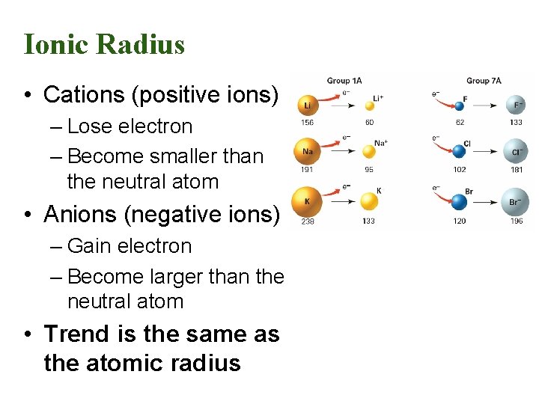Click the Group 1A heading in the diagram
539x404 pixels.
(x=344, y=81)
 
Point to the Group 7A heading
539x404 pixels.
(x=484, y=81)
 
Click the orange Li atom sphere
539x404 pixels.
(x=307, y=105)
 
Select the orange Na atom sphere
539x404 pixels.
(x=307, y=150)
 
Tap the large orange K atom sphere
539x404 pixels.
(x=307, y=201)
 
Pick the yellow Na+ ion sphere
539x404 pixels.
(x=368, y=151)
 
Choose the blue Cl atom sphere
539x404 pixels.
(x=459, y=151)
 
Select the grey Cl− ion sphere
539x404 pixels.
(x=515, y=151)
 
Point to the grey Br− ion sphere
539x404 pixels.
(x=515, y=202)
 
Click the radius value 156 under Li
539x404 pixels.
(x=307, y=123)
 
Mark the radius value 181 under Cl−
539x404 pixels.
(x=515, y=170)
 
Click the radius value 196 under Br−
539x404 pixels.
(x=515, y=221)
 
